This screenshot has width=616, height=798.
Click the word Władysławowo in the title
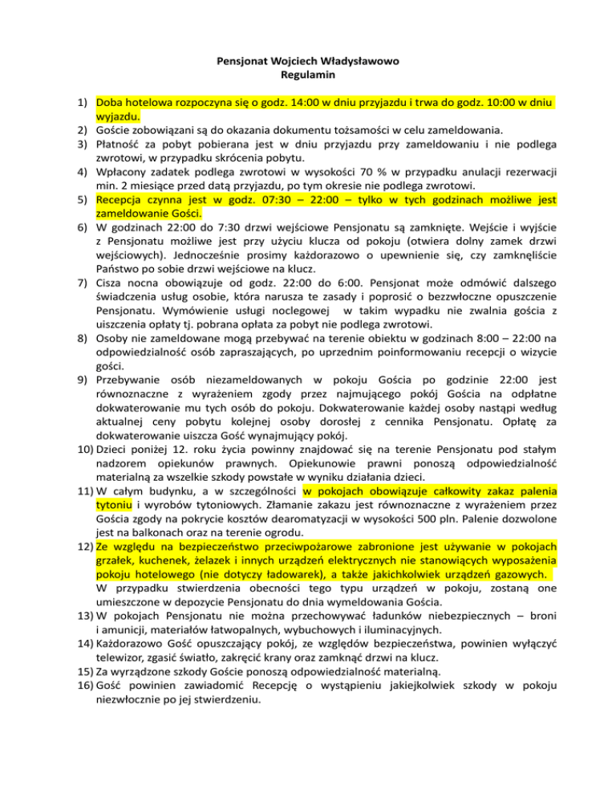pos(360,60)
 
